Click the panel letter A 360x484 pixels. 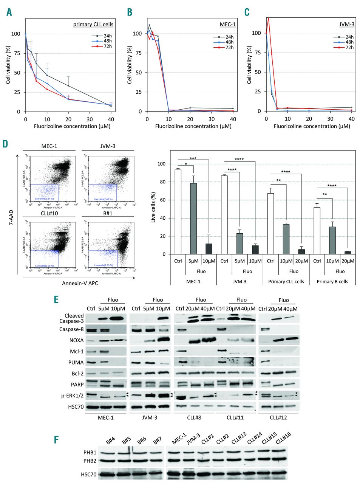(9, 12)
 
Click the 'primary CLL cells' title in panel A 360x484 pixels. (93, 25)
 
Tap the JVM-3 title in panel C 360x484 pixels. (346, 25)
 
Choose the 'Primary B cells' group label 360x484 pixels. (332, 281)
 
